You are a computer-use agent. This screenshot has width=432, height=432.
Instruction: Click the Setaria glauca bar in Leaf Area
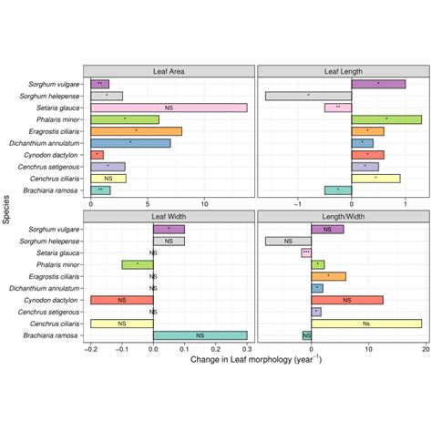[x=169, y=108]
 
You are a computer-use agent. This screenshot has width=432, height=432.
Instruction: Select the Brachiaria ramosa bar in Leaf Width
[x=201, y=334]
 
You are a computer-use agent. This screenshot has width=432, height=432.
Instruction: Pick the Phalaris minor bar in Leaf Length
[x=386, y=119]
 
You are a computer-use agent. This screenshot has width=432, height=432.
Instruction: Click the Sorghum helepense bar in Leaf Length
[x=308, y=96]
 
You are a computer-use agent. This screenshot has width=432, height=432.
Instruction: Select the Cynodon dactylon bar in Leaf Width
[x=122, y=299]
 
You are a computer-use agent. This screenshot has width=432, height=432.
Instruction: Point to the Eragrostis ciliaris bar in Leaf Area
[x=136, y=131]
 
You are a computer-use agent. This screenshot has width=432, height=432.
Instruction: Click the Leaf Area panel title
[x=169, y=71]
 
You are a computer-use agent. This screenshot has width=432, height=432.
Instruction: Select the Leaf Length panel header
[x=344, y=71]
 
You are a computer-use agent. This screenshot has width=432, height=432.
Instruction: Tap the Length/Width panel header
[x=344, y=216]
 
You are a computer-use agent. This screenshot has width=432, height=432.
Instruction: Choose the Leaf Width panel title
[x=169, y=216]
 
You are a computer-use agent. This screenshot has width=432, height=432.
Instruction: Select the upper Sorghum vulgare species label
[x=55, y=84]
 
